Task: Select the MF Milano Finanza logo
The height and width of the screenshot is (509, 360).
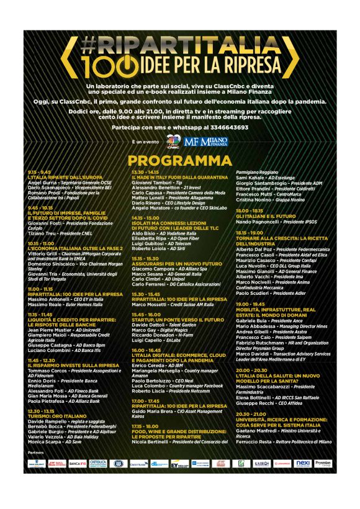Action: pos(205,142)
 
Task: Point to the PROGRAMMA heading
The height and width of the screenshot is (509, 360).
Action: pos(180,161)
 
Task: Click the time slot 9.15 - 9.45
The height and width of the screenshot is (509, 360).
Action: pos(39,172)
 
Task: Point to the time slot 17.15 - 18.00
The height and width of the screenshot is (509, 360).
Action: pos(144,426)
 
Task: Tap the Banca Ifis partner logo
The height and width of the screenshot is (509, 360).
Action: pos(77,463)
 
